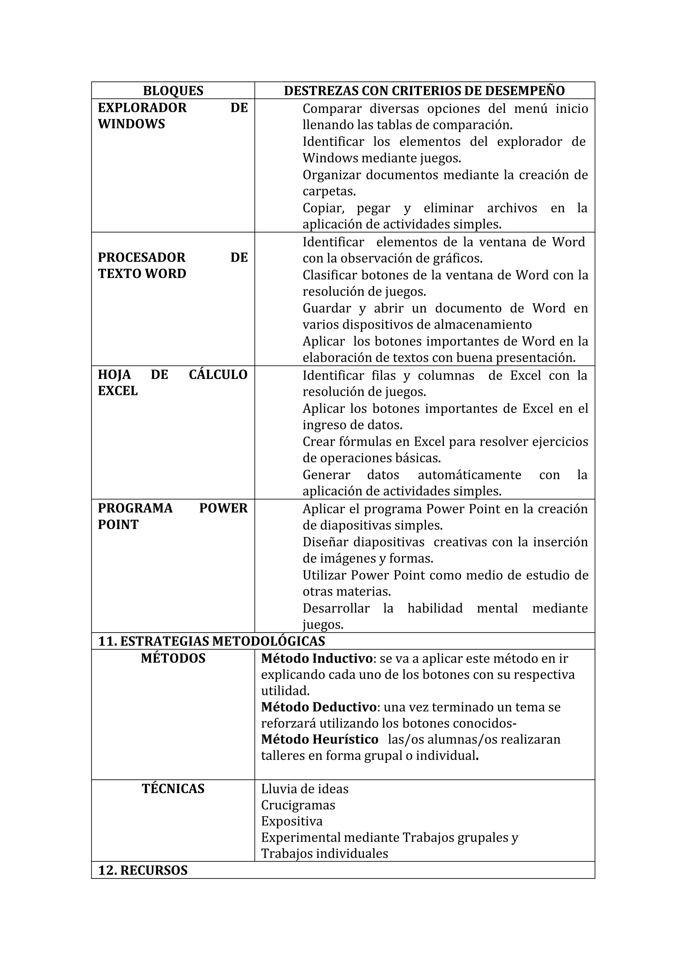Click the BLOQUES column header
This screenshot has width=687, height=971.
pos(173,91)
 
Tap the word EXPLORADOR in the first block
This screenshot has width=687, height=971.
pos(142,108)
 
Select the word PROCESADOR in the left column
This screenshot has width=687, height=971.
pos(142,258)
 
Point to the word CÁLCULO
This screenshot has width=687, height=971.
pos(218,375)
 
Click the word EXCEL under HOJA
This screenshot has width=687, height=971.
pos(118,391)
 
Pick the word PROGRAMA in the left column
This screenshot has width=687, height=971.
pos(135,508)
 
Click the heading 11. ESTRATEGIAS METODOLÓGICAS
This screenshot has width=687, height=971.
pos(212,641)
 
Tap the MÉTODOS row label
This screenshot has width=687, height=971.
pos(173,658)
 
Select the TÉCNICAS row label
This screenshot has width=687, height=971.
pos(173,789)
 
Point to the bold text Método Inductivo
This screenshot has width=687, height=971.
pos(317,658)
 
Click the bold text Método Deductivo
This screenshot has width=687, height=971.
pos(319,707)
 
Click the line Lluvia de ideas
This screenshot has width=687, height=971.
pos(305,789)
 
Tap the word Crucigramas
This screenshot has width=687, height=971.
pos(298,805)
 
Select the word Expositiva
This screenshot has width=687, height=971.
pos(292,821)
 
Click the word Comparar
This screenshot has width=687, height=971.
pos(332,109)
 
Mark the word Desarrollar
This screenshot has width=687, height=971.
pos(336,608)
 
